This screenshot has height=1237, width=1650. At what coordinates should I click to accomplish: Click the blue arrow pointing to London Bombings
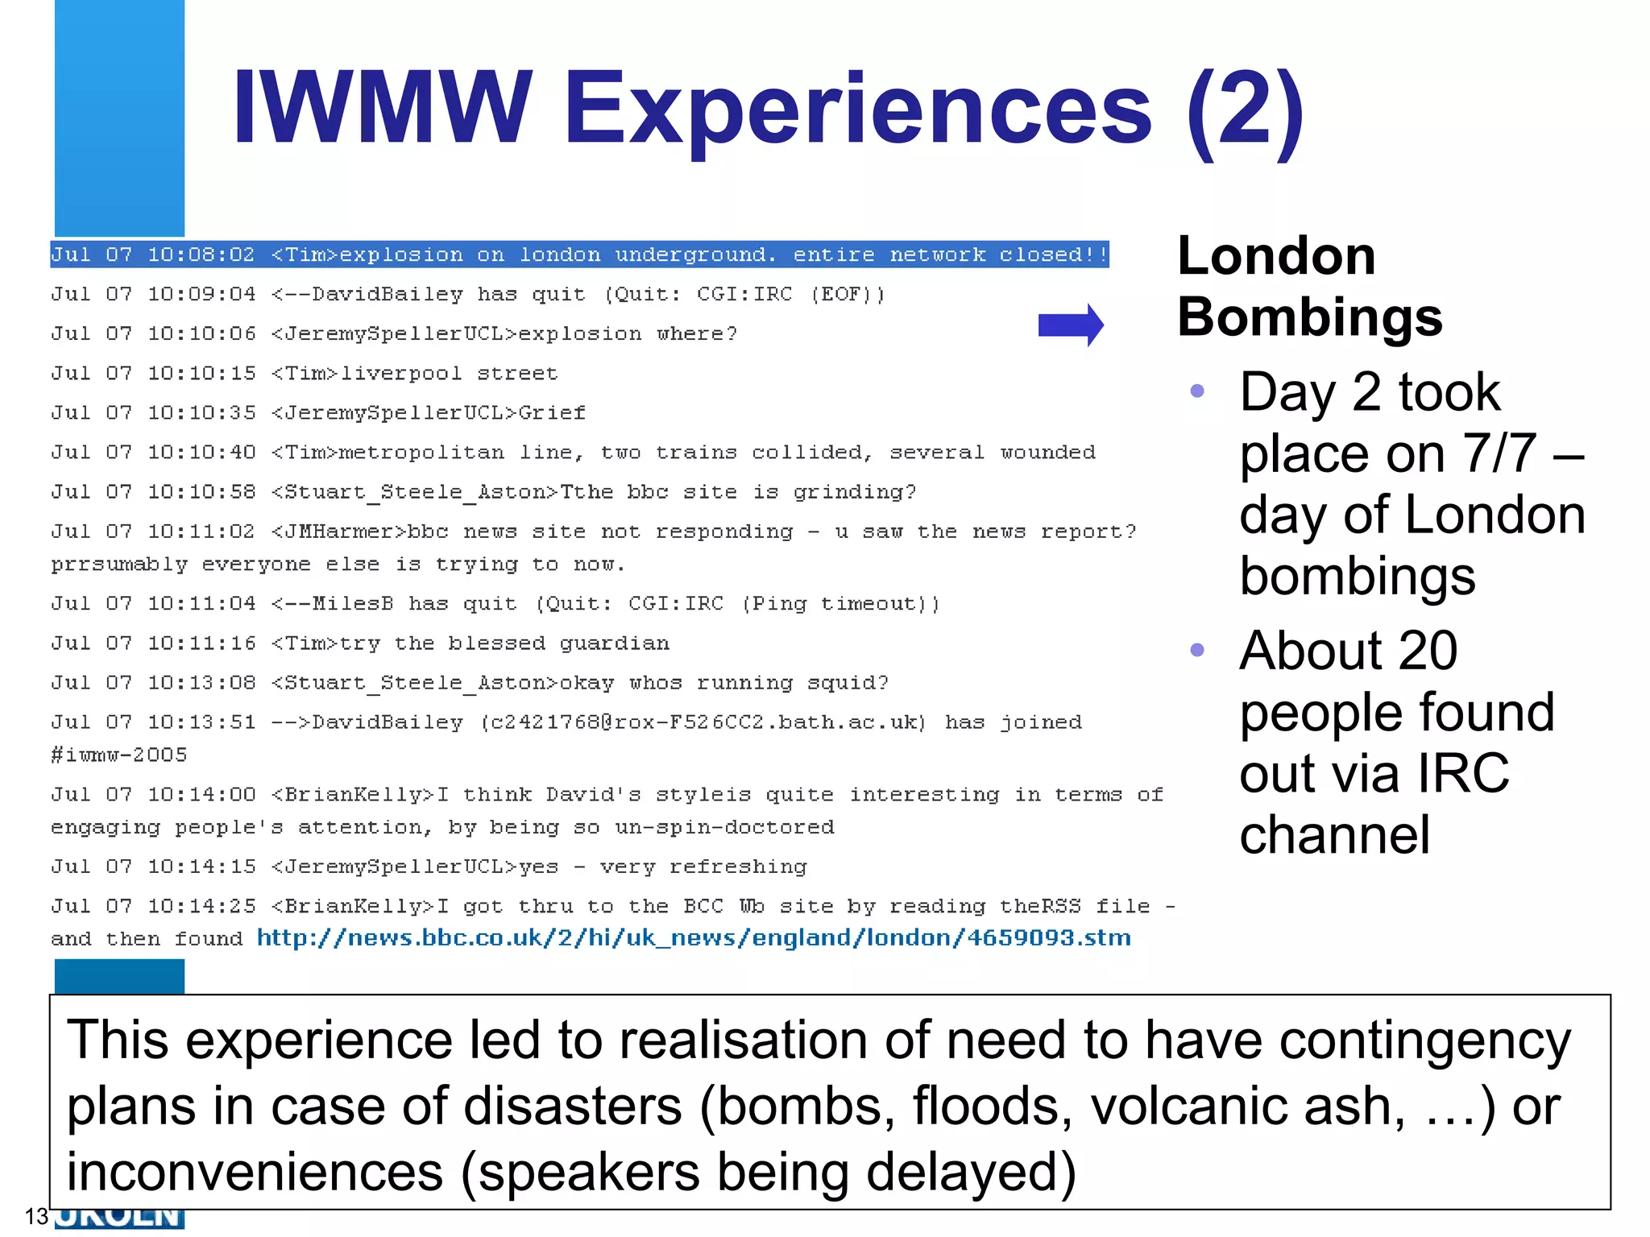point(1070,325)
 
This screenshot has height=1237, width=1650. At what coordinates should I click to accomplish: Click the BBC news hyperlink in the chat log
point(694,938)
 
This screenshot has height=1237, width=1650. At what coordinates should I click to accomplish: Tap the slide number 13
point(36,1216)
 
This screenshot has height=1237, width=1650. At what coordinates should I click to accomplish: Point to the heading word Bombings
point(1309,316)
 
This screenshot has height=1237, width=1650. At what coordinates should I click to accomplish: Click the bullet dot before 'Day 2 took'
point(1197,391)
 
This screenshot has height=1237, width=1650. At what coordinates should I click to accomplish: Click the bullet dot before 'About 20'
point(1197,650)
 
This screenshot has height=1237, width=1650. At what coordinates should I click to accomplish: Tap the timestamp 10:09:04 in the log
point(201,295)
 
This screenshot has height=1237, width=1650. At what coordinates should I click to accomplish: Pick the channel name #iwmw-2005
point(119,755)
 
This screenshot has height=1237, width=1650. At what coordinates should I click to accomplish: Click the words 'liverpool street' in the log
point(449,374)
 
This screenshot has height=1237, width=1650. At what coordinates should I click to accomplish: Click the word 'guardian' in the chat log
point(614,643)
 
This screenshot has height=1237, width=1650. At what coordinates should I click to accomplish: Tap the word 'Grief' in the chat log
point(552,413)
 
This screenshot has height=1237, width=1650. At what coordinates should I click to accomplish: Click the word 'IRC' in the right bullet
point(1461,773)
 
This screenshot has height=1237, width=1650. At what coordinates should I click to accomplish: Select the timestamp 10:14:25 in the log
point(201,907)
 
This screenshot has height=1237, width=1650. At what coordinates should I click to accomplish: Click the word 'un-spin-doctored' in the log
point(724,828)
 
